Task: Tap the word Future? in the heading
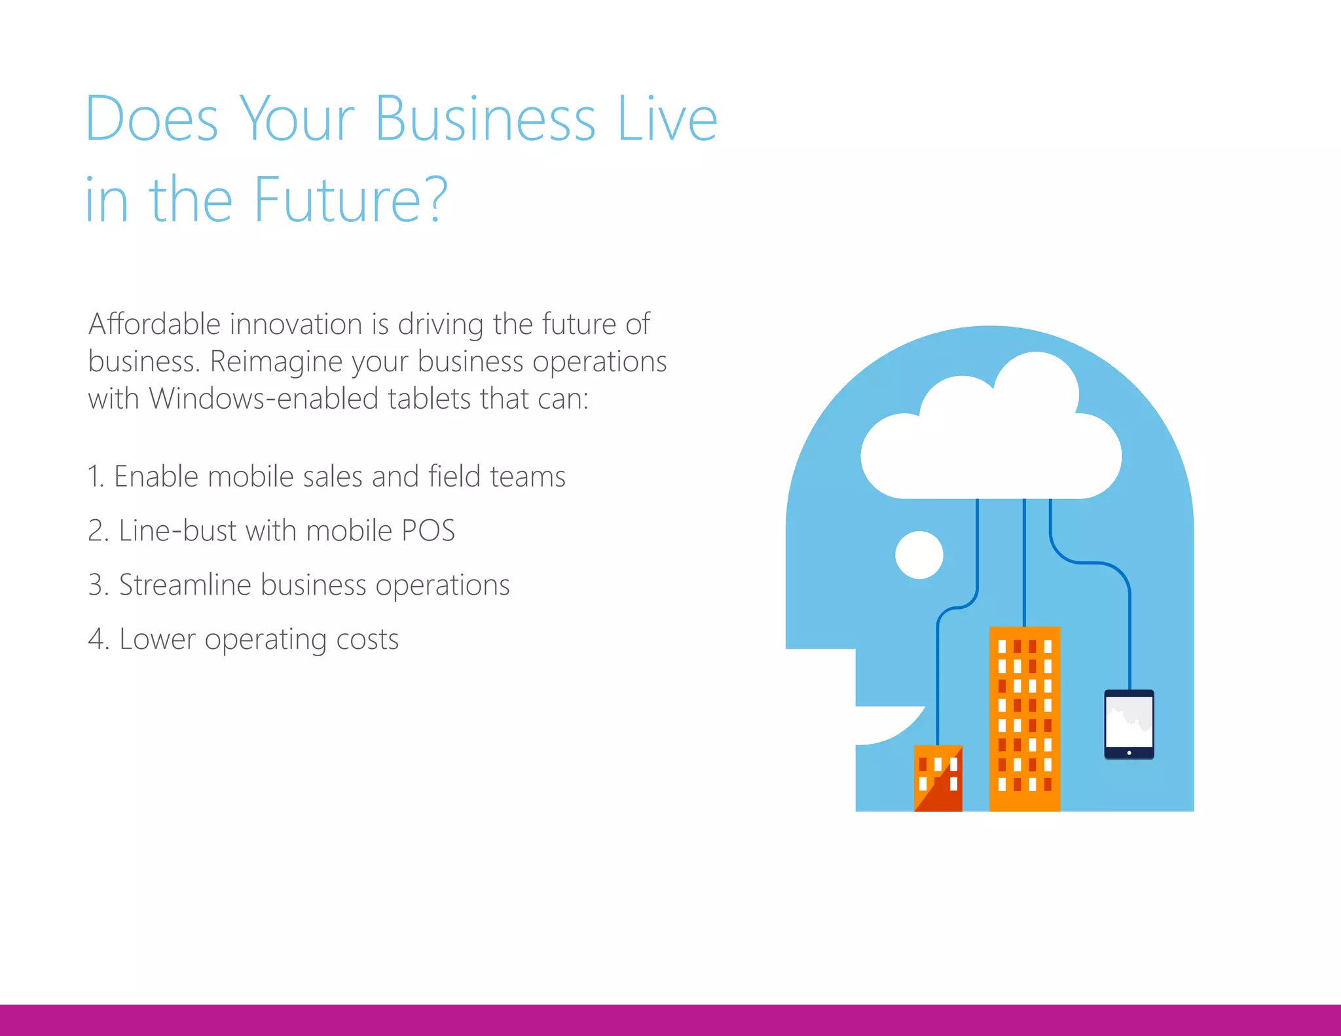pyautogui.click(x=350, y=200)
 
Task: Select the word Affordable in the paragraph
pyautogui.click(x=155, y=324)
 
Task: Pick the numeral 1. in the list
pyautogui.click(x=96, y=477)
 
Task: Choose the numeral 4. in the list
pyautogui.click(x=98, y=639)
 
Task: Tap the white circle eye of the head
pyautogui.click(x=919, y=555)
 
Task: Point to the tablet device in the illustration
pyautogui.click(x=1129, y=723)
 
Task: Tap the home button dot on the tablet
pyautogui.click(x=1129, y=753)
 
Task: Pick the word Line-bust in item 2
pyautogui.click(x=177, y=530)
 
